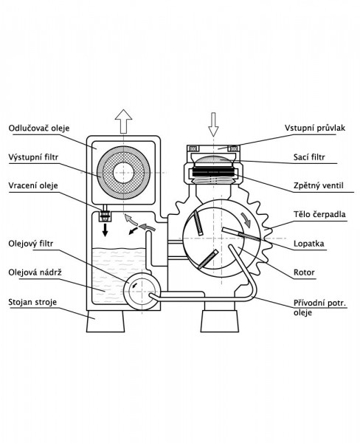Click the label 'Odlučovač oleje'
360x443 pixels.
tap(39, 128)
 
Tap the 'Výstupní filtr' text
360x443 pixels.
tap(33, 157)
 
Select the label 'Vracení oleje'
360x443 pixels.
tap(33, 185)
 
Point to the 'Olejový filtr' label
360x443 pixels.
tap(30, 244)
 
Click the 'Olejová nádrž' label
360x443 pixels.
tap(35, 272)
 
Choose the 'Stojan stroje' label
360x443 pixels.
tap(32, 302)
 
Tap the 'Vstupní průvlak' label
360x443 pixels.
tap(315, 128)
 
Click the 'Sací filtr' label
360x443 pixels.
tap(309, 157)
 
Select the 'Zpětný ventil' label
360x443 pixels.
tap(319, 185)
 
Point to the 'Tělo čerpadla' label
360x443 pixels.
tap(319, 214)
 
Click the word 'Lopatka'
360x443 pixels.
tap(308, 244)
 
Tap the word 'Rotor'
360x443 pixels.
tap(304, 272)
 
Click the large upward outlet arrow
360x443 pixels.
tap(123, 122)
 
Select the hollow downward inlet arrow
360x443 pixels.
tap(213, 125)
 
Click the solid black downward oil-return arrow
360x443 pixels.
tap(105, 230)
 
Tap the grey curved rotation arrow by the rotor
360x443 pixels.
tap(246, 221)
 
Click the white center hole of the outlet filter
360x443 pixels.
tap(123, 173)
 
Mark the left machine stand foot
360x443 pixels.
tap(105, 321)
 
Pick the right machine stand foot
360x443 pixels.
tap(220, 321)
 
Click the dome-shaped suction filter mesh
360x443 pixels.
tap(214, 160)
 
